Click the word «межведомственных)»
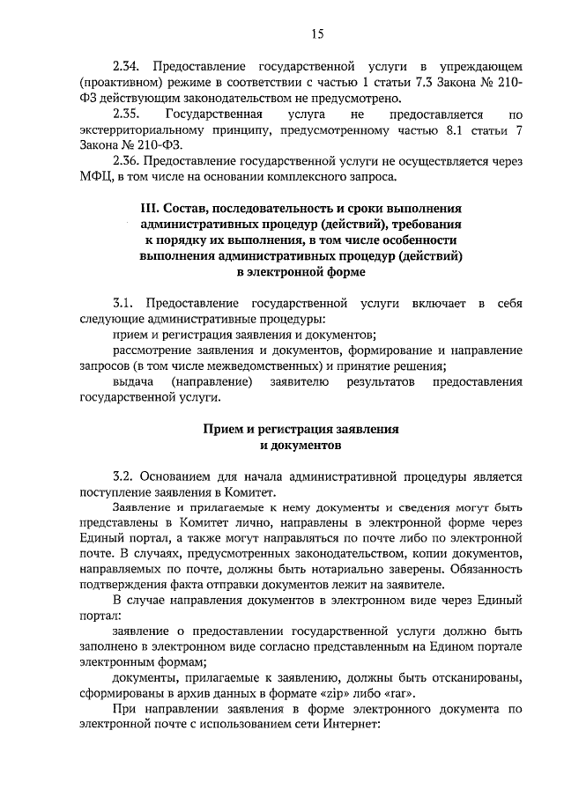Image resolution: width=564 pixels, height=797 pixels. pos(271,366)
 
